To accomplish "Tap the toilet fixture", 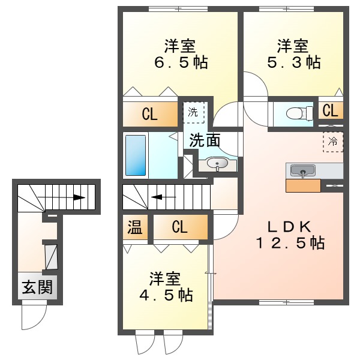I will coord(296,112).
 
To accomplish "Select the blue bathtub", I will coord(136,155).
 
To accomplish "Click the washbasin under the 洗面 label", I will coord(216,163).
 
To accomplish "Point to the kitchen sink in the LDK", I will coord(303,171).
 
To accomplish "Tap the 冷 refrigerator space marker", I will coord(332,142).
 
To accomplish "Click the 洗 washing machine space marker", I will coord(193,112).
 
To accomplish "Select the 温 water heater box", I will coord(136,227).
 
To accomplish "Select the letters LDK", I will coord(289,226).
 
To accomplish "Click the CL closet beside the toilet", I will coord(330,110).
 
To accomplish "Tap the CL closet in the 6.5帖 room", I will coord(150,114).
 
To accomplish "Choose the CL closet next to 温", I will coord(179,227).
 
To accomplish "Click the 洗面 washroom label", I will coord(205,141).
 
